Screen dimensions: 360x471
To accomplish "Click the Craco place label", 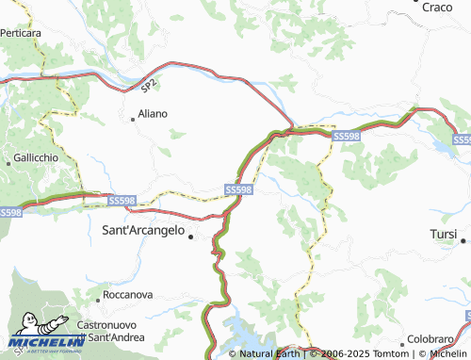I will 437,7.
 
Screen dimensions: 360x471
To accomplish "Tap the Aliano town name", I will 153,113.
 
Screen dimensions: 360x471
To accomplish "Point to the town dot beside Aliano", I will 133,118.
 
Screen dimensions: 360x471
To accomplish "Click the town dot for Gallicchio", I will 9,164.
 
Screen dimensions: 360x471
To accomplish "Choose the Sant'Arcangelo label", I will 142,227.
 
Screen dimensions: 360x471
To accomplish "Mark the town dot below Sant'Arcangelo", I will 192,237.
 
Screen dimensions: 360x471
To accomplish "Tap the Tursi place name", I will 443,233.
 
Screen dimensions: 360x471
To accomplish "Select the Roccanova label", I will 127,294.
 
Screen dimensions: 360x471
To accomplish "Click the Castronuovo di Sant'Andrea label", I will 112,329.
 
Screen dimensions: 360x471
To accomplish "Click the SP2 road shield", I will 149,86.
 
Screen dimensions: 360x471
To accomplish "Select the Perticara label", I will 21,33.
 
